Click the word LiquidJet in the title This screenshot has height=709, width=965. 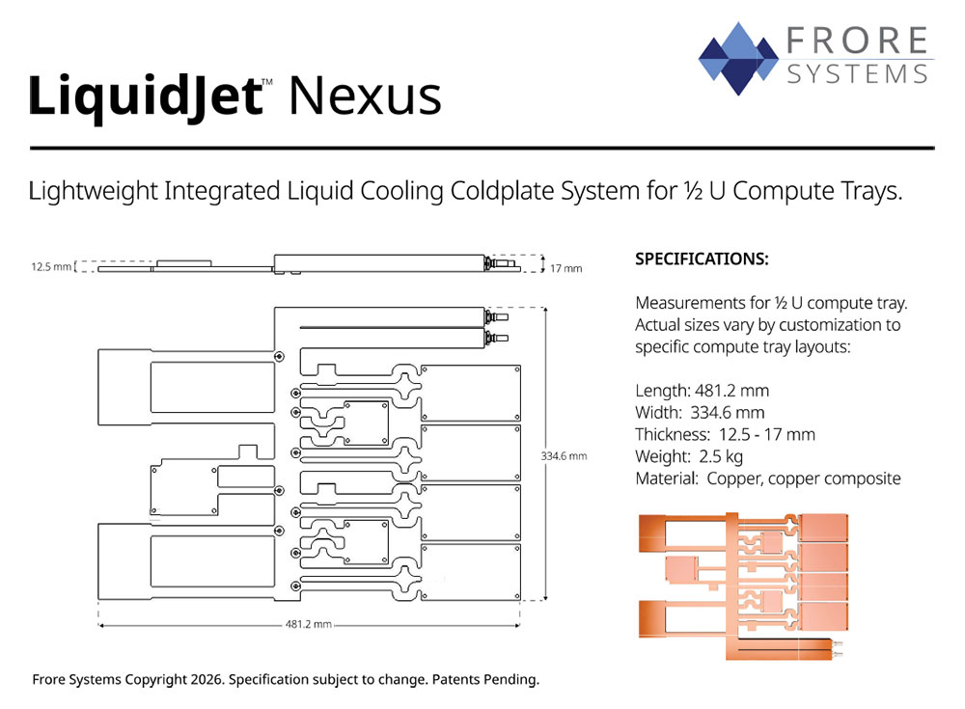pos(145,97)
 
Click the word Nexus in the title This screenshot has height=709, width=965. pos(365,97)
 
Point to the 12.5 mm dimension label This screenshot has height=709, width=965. pos(51,267)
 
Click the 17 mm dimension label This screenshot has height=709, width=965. pos(565,268)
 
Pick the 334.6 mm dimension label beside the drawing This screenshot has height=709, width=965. pos(564,455)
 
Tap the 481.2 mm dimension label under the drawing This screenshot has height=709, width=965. pos(309,625)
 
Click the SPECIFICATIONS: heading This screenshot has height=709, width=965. pos(702,259)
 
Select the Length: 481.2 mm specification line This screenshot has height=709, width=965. pos(702,391)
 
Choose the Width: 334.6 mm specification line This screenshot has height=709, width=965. pos(699,412)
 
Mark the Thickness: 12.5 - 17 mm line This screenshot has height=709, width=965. pos(725,434)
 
